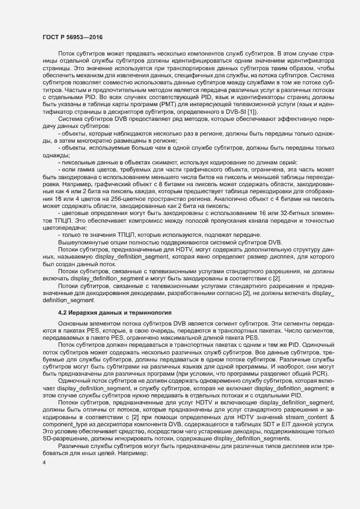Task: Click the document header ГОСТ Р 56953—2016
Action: [73, 37]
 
